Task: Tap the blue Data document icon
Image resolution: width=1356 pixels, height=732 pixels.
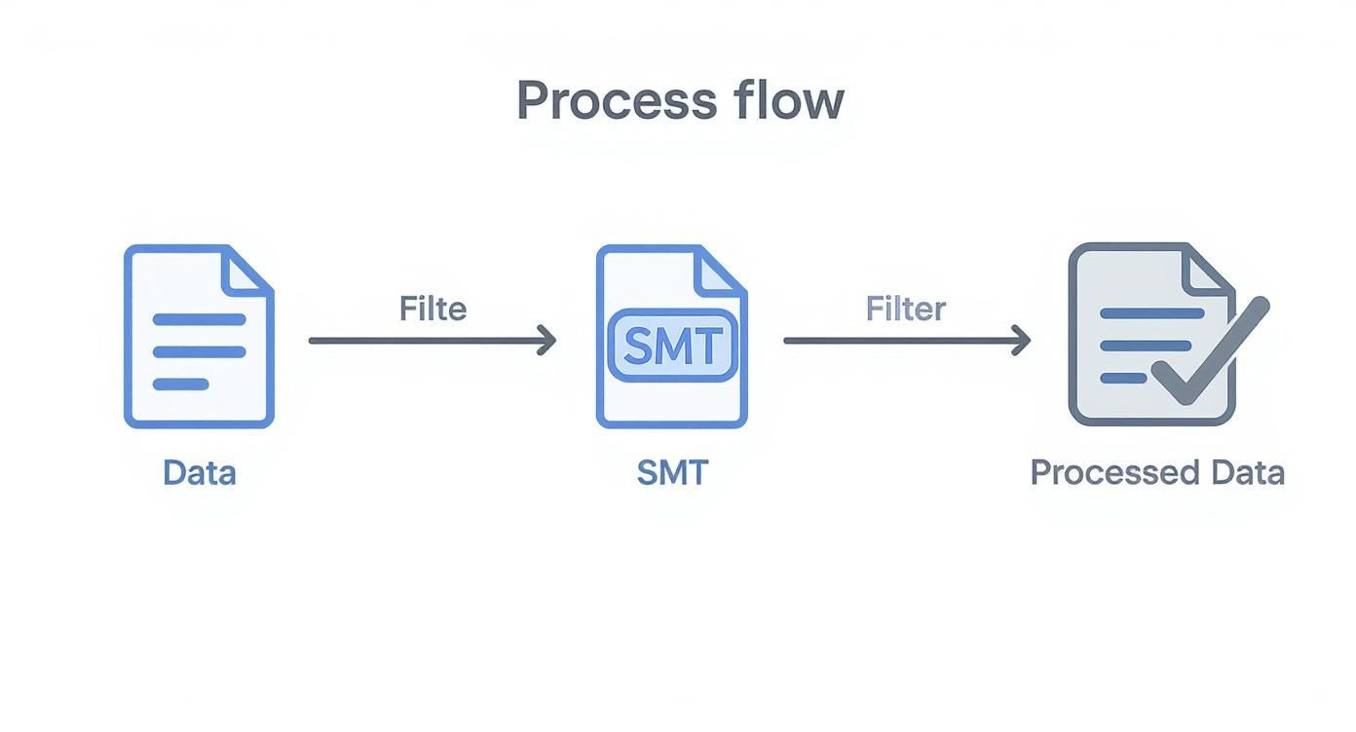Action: coord(199,337)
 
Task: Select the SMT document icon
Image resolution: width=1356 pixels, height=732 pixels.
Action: coord(671,337)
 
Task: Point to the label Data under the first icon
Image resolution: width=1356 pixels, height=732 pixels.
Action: coord(199,473)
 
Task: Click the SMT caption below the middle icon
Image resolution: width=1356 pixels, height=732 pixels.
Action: coord(671,473)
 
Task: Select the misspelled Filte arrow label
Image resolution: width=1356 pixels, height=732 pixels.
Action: coord(433,310)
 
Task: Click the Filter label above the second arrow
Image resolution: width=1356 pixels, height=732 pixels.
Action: coord(905,310)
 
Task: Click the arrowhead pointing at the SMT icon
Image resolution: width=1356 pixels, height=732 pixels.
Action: coord(547,341)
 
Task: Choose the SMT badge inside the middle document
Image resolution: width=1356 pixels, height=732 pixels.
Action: coord(671,346)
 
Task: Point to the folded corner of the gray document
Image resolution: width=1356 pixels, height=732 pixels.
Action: coord(1207,269)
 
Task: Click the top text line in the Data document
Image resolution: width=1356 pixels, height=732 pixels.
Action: coord(199,319)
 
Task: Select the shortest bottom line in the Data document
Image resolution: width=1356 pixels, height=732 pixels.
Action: coord(181,384)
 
